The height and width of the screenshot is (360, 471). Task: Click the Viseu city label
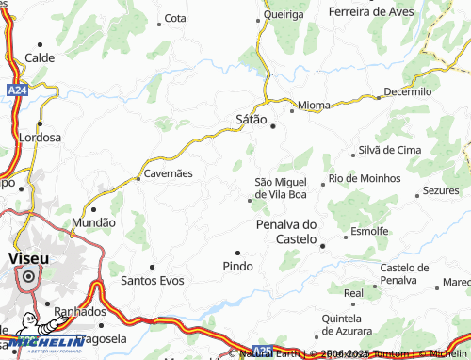27,257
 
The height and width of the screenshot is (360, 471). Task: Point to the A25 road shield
265,350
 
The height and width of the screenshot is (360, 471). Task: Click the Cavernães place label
168,174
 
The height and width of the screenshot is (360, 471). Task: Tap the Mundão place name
94,223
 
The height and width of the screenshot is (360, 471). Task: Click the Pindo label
237,267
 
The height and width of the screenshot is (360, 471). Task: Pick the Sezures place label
441,190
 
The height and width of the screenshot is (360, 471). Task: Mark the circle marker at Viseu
28,276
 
